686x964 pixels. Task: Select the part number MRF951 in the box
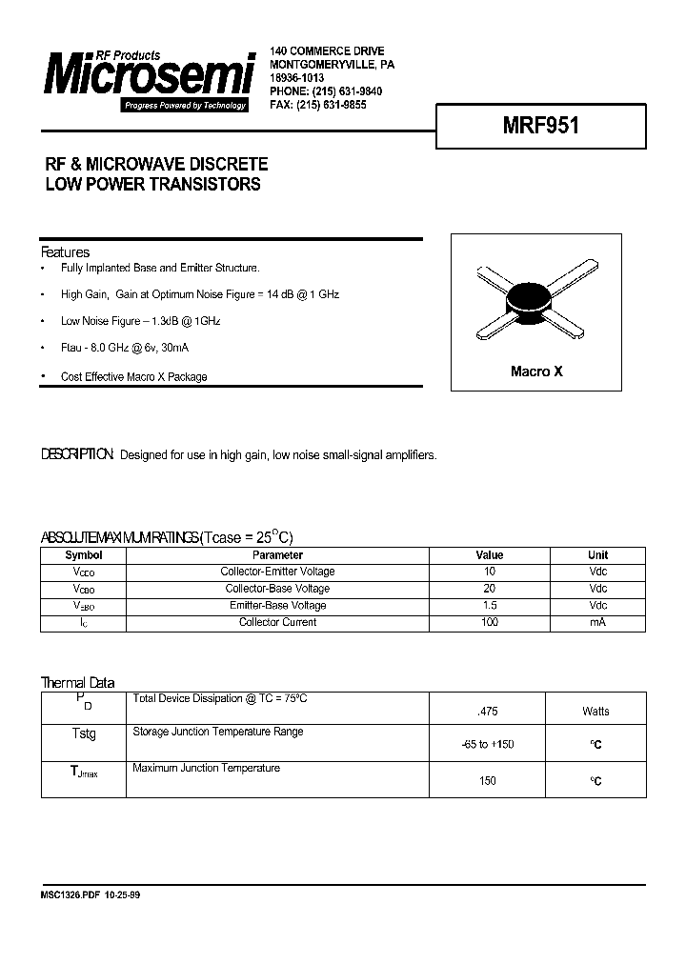[540, 126]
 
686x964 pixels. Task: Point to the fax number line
[318, 105]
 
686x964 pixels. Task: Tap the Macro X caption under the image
[536, 372]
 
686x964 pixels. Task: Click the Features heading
[65, 252]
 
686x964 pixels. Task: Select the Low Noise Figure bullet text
[141, 322]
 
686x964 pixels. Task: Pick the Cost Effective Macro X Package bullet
[133, 376]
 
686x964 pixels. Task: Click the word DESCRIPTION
[77, 455]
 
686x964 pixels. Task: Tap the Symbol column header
[84, 554]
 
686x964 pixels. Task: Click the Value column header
[490, 554]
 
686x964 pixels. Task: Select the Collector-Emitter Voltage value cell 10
[490, 572]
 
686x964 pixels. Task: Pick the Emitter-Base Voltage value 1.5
[490, 606]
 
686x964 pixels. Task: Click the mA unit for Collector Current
[597, 623]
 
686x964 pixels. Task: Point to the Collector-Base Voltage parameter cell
[277, 589]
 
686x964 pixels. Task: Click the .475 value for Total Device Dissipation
[486, 712]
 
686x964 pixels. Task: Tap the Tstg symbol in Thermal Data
[84, 734]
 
